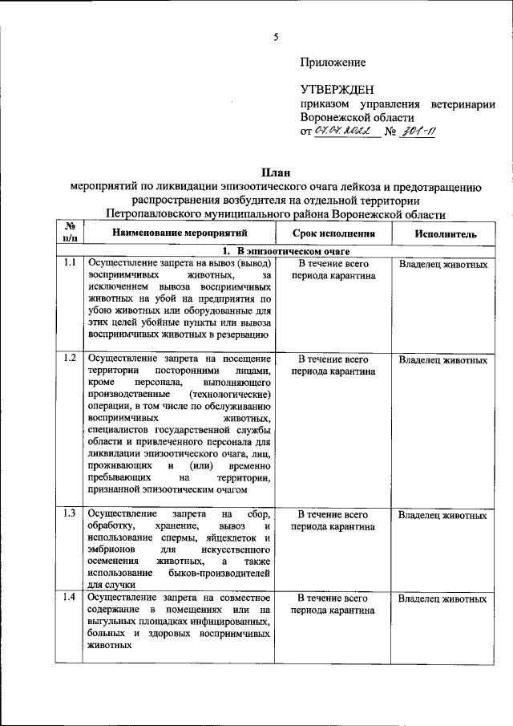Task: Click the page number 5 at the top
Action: coord(275,37)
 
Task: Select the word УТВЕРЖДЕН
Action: coord(337,89)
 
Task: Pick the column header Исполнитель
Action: coord(445,233)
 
